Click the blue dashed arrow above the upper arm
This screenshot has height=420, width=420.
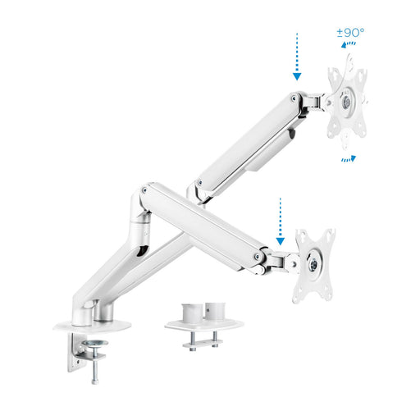click(297, 57)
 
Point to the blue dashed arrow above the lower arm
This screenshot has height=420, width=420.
click(281, 221)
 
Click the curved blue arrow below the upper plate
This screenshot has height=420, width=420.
click(349, 159)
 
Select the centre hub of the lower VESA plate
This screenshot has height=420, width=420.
click(313, 265)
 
